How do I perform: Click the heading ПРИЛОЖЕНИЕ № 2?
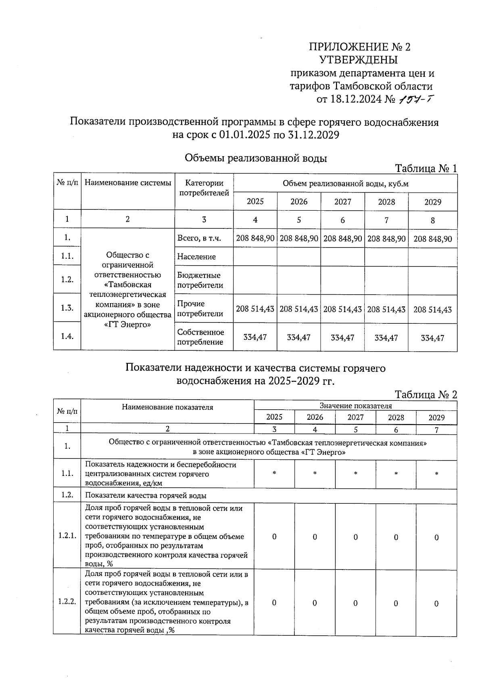tap(359, 47)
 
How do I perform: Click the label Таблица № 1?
tap(426, 168)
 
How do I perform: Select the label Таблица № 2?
tap(426, 394)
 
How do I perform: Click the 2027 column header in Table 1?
tap(342, 202)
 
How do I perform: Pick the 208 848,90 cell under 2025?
tap(255, 239)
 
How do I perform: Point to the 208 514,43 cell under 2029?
tap(432, 310)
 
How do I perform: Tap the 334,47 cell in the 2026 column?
tap(298, 337)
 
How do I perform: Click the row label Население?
tap(196, 257)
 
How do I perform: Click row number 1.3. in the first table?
tap(67, 308)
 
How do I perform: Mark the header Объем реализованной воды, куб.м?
tap(345, 184)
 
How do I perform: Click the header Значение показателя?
tap(355, 406)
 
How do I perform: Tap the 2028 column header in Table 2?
tap(396, 417)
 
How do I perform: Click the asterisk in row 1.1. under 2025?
tap(274, 473)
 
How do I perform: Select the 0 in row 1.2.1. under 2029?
tap(436, 537)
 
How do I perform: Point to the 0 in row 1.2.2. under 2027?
tap(355, 603)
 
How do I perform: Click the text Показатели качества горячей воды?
tap(146, 496)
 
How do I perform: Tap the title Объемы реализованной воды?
tap(256, 158)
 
